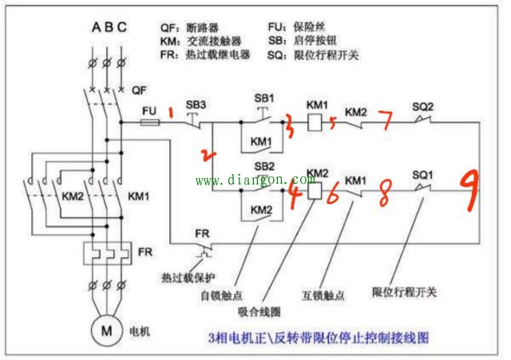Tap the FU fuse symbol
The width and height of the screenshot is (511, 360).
149,123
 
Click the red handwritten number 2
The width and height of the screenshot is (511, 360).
208,153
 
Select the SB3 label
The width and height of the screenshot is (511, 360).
196,105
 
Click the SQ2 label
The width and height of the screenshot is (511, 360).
423,105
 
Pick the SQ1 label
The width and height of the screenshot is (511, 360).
423,174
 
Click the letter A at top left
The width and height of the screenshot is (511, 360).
96,28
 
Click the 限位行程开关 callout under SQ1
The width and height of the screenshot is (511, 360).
405,292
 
